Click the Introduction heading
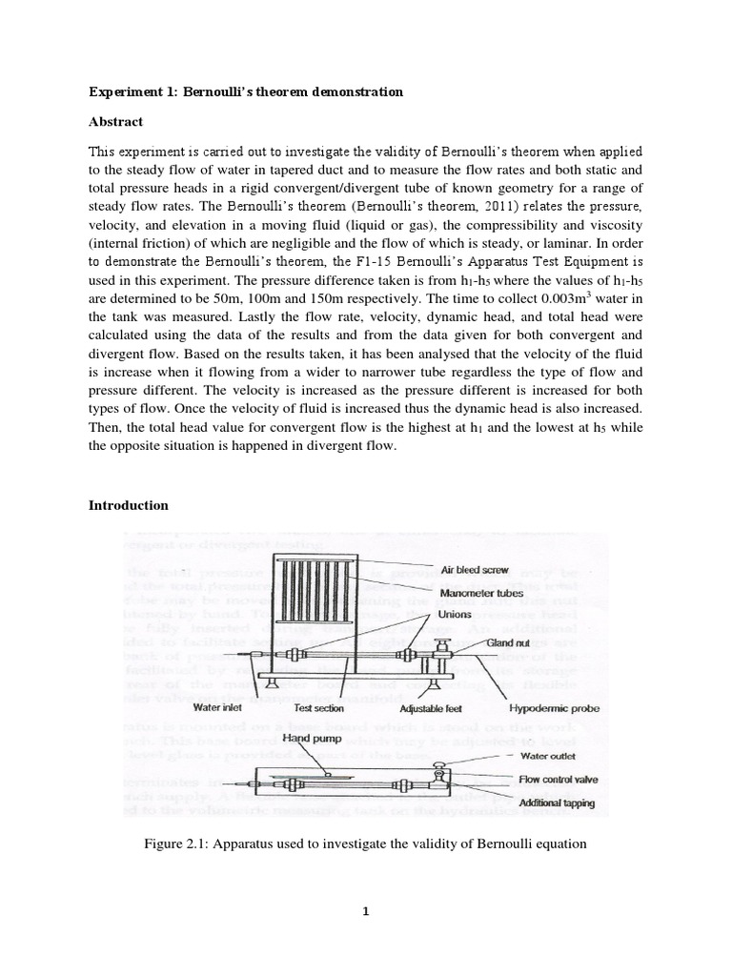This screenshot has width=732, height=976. [x=128, y=505]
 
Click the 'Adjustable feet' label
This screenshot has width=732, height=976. [x=426, y=708]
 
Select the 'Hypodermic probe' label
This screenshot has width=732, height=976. [x=555, y=708]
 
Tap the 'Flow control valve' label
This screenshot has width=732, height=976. [x=559, y=780]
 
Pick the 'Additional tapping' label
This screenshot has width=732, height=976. [x=557, y=803]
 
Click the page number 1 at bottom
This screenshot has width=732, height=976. [x=365, y=910]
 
